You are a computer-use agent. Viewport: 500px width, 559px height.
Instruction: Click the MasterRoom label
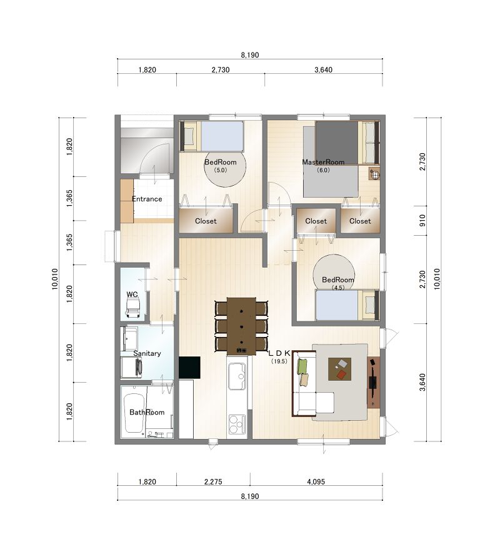click(323, 162)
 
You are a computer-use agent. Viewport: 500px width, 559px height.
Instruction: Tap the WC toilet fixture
click(133, 308)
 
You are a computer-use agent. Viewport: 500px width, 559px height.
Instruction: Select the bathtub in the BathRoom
click(133, 413)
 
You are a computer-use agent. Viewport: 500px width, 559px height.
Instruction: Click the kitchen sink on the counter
click(237, 376)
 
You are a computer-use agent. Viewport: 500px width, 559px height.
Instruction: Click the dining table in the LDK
click(241, 326)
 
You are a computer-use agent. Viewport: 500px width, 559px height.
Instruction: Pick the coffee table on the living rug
click(339, 369)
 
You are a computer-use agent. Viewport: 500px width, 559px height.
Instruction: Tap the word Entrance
click(147, 199)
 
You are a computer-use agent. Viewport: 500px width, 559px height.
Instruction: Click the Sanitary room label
click(147, 353)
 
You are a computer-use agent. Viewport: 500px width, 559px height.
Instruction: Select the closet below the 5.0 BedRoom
click(206, 221)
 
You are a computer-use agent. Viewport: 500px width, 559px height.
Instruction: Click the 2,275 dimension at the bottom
click(213, 481)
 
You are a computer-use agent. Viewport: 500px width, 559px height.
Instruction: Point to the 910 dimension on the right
click(422, 221)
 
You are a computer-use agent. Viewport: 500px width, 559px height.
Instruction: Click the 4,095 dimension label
click(316, 481)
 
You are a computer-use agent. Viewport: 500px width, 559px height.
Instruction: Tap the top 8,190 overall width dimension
click(250, 55)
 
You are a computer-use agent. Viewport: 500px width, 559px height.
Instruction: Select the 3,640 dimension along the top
click(323, 69)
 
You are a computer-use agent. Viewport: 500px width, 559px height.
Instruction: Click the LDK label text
click(279, 353)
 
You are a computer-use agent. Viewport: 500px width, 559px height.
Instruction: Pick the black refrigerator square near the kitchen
click(189, 367)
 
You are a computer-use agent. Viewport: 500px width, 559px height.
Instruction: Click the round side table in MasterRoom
click(374, 174)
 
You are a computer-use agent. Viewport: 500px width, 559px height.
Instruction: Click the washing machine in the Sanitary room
click(131, 367)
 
